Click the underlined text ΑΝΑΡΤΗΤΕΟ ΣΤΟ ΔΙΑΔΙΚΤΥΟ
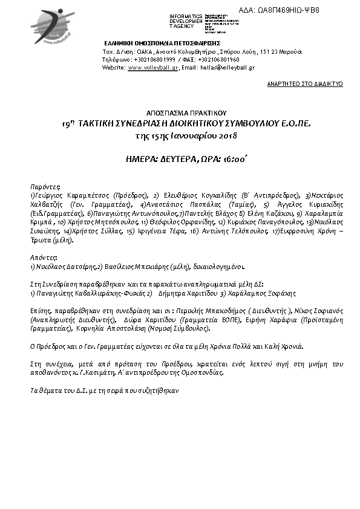coord(305,84)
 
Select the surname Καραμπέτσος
coord(85,196)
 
